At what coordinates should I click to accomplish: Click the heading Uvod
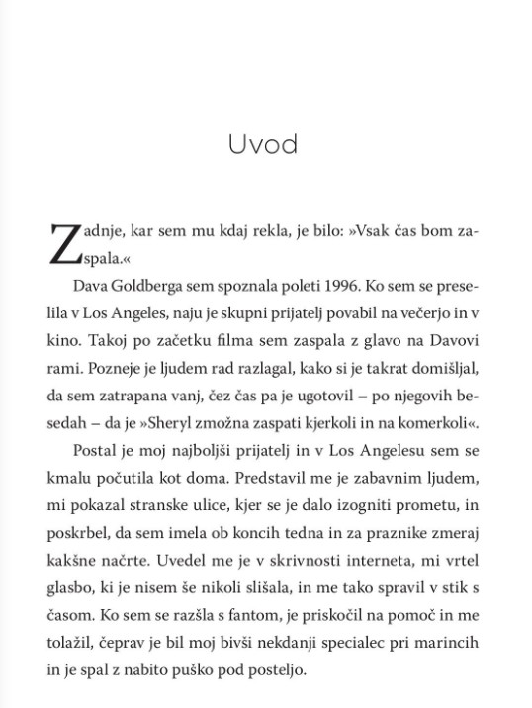point(262,144)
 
